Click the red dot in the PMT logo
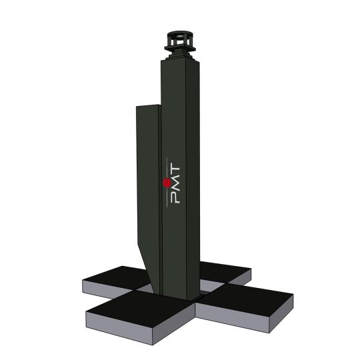coord(166,181)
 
